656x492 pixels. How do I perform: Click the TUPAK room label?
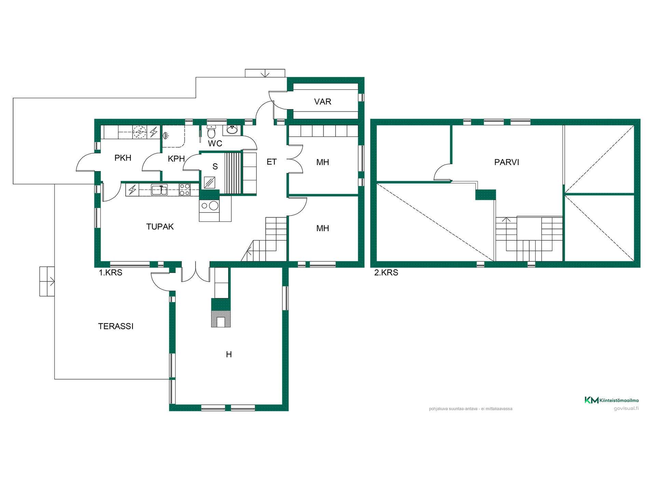[160, 227]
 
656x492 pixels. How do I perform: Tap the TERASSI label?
[116, 326]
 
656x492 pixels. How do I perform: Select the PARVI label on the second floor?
[507, 162]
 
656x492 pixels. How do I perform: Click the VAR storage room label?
[323, 101]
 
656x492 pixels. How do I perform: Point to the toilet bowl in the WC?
[211, 132]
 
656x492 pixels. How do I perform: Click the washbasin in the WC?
[232, 129]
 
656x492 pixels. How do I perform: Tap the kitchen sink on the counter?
[159, 190]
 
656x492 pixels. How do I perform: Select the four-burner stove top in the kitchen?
[184, 190]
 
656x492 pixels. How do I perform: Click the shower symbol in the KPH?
[165, 136]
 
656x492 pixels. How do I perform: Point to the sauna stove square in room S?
[209, 182]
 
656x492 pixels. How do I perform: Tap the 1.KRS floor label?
[110, 273]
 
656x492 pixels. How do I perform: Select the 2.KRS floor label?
[386, 273]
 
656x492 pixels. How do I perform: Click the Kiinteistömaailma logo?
[612, 400]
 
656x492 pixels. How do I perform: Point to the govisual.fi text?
[626, 408]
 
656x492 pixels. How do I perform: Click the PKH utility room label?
[123, 158]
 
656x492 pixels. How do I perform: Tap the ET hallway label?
[272, 162]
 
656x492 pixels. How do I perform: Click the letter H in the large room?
[229, 355]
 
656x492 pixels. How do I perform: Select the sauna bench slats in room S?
[233, 173]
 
